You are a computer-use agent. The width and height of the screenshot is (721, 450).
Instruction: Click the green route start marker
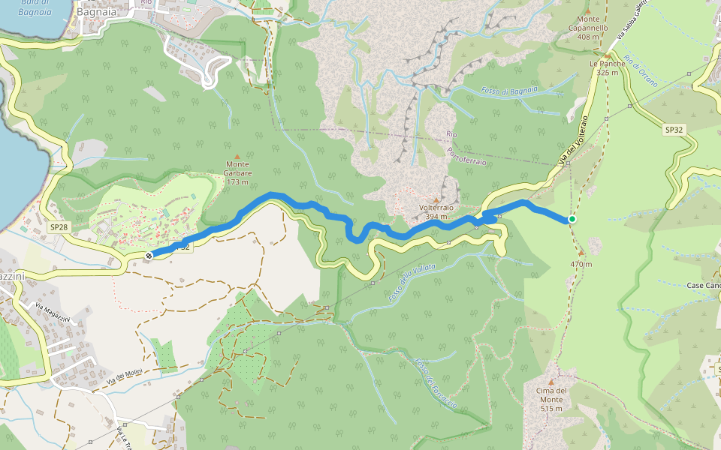pos(572,219)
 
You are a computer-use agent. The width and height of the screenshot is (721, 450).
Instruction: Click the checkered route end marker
pos(149,256)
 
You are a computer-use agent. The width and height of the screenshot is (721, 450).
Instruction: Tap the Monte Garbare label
pos(237,169)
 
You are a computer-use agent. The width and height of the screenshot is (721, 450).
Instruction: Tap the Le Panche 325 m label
pos(608,68)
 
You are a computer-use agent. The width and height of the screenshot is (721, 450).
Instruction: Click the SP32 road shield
pos(674,130)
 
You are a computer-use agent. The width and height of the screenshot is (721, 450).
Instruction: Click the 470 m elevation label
pos(581,264)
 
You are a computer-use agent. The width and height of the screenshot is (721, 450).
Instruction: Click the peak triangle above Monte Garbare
pos(237,156)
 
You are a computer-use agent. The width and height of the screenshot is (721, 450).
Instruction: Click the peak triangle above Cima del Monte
pos(555,380)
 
